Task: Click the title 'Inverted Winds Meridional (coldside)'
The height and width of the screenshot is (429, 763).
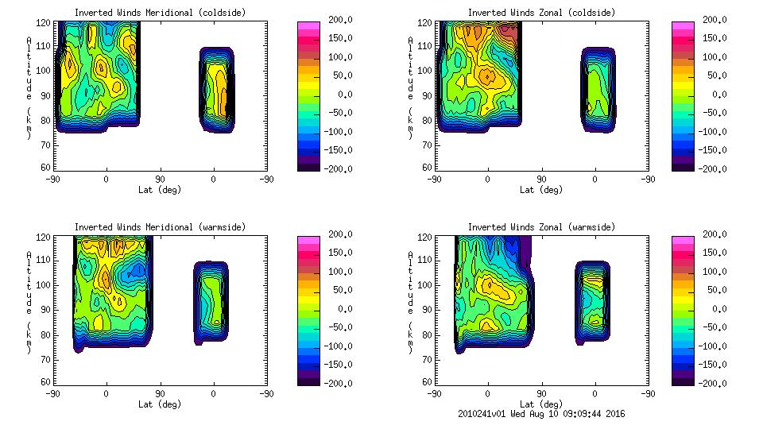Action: point(160,13)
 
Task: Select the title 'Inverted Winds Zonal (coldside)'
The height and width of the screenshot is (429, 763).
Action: point(541,13)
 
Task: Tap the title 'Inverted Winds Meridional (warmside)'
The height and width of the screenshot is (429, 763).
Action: point(160,227)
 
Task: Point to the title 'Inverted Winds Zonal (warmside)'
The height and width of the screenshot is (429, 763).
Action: point(541,227)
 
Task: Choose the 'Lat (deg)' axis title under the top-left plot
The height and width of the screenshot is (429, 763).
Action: point(160,190)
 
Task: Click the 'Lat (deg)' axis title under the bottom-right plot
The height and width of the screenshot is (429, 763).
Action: point(541,404)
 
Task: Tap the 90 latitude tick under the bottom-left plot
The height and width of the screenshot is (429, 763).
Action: point(160,393)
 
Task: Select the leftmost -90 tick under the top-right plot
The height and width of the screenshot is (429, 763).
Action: point(434,179)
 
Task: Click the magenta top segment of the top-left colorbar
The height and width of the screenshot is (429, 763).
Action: point(308,25)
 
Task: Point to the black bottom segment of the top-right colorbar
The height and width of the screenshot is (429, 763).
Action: point(682,165)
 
